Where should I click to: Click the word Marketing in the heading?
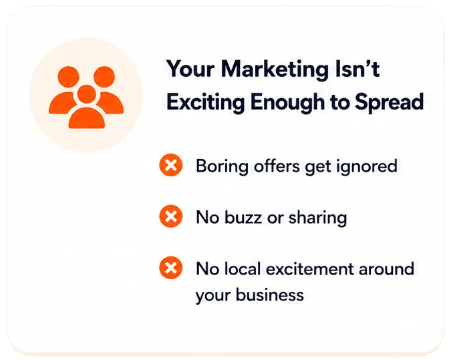[275, 70]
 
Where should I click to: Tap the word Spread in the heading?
[389, 102]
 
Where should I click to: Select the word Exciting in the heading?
[206, 102]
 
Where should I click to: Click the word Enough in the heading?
[287, 102]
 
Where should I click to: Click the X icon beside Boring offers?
[171, 165]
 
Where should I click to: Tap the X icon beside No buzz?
[171, 216]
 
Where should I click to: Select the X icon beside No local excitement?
[171, 268]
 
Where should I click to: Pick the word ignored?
[367, 166]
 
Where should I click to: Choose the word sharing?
[317, 218]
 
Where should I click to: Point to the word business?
[270, 295]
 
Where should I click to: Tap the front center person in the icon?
[86, 108]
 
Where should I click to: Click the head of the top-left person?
[68, 77]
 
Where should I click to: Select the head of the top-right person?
[104, 77]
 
